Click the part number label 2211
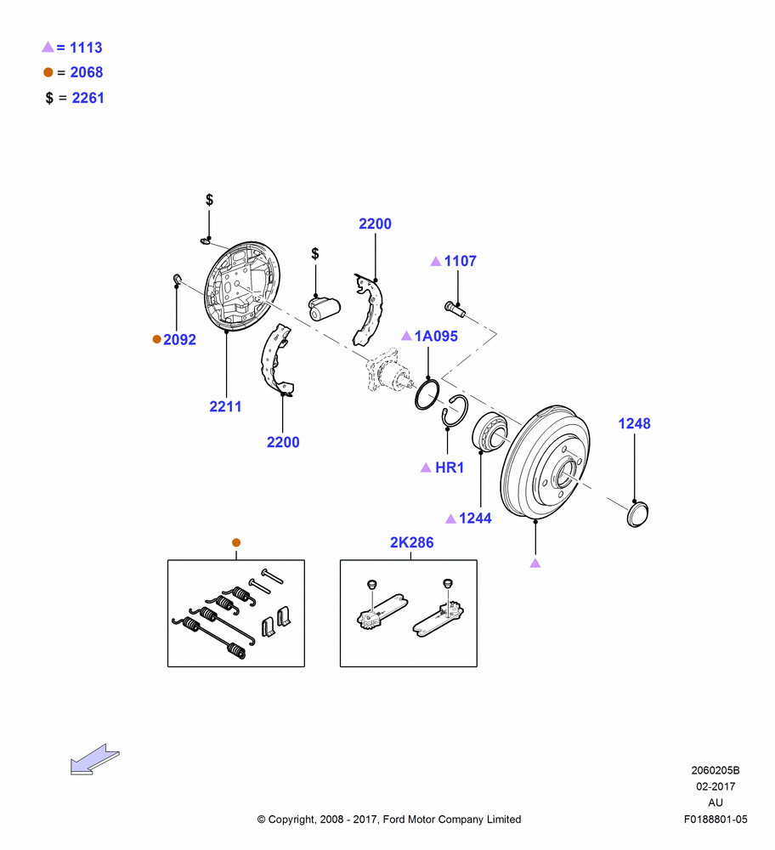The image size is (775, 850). pyautogui.click(x=225, y=406)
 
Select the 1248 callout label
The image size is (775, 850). pyautogui.click(x=634, y=423)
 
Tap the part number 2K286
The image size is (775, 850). pyautogui.click(x=412, y=542)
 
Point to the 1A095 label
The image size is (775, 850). pyautogui.click(x=436, y=336)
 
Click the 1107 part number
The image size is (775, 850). pyautogui.click(x=460, y=261)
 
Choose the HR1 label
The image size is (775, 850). pyautogui.click(x=450, y=467)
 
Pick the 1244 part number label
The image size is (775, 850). pyautogui.click(x=475, y=518)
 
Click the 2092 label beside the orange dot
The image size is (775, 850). pyautogui.click(x=179, y=339)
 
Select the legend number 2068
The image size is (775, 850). pyautogui.click(x=87, y=72)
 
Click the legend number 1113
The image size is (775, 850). pyautogui.click(x=86, y=48)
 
